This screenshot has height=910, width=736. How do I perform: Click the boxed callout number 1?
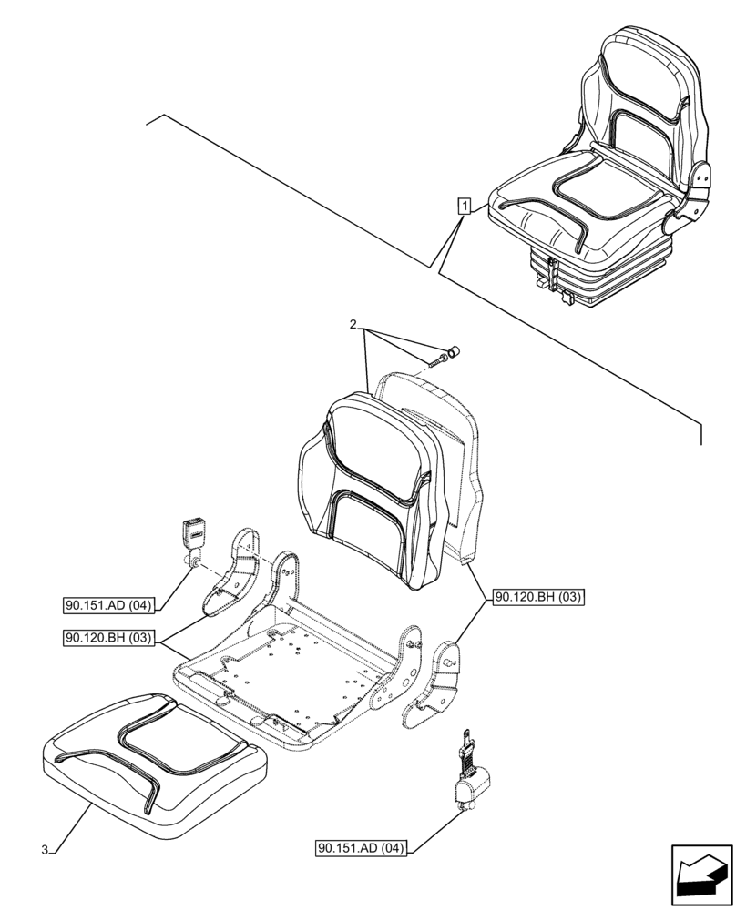tap(465, 207)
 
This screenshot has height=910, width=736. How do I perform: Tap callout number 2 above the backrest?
tap(354, 325)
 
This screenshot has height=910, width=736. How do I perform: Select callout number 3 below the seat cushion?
tap(45, 850)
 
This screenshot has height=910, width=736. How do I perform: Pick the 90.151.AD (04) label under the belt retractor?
tap(362, 849)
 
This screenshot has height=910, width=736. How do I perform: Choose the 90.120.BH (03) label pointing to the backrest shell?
tap(537, 598)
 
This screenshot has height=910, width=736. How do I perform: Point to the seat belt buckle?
tap(196, 537)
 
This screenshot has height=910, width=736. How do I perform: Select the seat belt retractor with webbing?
tap(469, 773)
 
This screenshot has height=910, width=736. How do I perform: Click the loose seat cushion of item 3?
tap(155, 760)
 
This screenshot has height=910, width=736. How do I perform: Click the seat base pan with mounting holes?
tap(291, 673)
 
